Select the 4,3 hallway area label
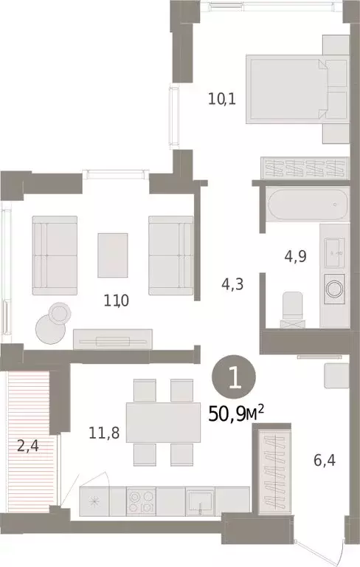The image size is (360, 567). [x=235, y=282]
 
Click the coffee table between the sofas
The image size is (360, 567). [x=112, y=250]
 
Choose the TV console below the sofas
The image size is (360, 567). [x=112, y=338]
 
